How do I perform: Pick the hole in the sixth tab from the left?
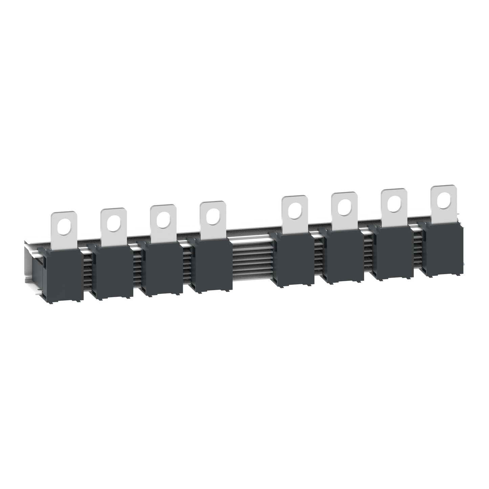pos(344,206)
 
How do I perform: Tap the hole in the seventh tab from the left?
pos(394,202)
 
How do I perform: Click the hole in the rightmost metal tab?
pos(443,200)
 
